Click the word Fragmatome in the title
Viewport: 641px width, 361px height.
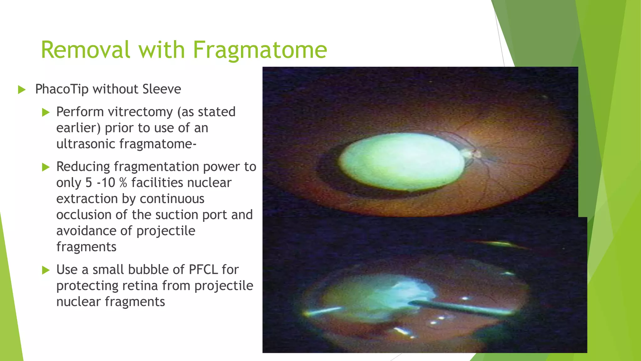[x=260, y=50]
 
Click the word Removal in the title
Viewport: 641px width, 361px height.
[x=85, y=50]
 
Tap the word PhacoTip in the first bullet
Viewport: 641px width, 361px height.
[x=62, y=89]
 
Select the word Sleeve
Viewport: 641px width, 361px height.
[x=162, y=89]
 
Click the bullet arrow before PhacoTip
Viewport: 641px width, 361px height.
[x=22, y=90]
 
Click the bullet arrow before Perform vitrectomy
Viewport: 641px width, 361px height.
[x=46, y=112]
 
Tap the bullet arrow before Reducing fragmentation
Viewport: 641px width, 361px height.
[x=46, y=167]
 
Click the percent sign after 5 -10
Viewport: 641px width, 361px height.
[x=123, y=183]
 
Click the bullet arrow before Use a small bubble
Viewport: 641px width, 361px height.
[x=46, y=270]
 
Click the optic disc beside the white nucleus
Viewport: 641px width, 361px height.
[x=472, y=154]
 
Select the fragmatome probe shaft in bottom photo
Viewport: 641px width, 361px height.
[x=460, y=307]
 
